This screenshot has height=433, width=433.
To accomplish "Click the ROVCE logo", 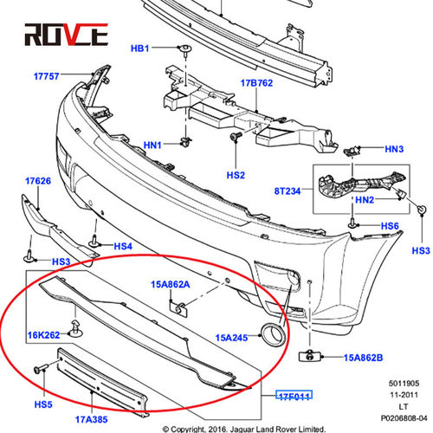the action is coord(66,35).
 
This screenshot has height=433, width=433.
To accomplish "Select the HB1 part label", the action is coord(140,48).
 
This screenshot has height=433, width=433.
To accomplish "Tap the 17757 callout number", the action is coord(47,76).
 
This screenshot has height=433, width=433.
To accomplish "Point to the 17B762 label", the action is coord(256,83).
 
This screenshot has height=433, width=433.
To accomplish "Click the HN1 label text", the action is coord(152,145).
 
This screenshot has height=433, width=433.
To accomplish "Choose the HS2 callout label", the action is coord(236,175).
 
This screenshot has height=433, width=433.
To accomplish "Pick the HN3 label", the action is coord(394,149).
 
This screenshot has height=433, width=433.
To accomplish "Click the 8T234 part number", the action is coord(288,191).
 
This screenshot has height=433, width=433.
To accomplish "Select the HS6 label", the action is coord(390,226).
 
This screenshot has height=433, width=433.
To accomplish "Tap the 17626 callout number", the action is coord(38,181).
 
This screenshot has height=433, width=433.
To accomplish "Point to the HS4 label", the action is coord(123,246).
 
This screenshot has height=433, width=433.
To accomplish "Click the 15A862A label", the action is coord(171,284).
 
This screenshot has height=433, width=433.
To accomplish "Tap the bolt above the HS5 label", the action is coord(41,369).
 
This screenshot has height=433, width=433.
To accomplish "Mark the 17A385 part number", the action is coord(91,419).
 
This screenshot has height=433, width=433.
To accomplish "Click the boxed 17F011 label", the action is coord(294,395).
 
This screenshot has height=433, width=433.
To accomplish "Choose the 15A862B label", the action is coord(363,358).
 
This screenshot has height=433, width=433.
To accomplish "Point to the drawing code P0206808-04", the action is coord(404,418).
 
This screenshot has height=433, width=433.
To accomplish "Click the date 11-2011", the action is coord(404,395).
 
